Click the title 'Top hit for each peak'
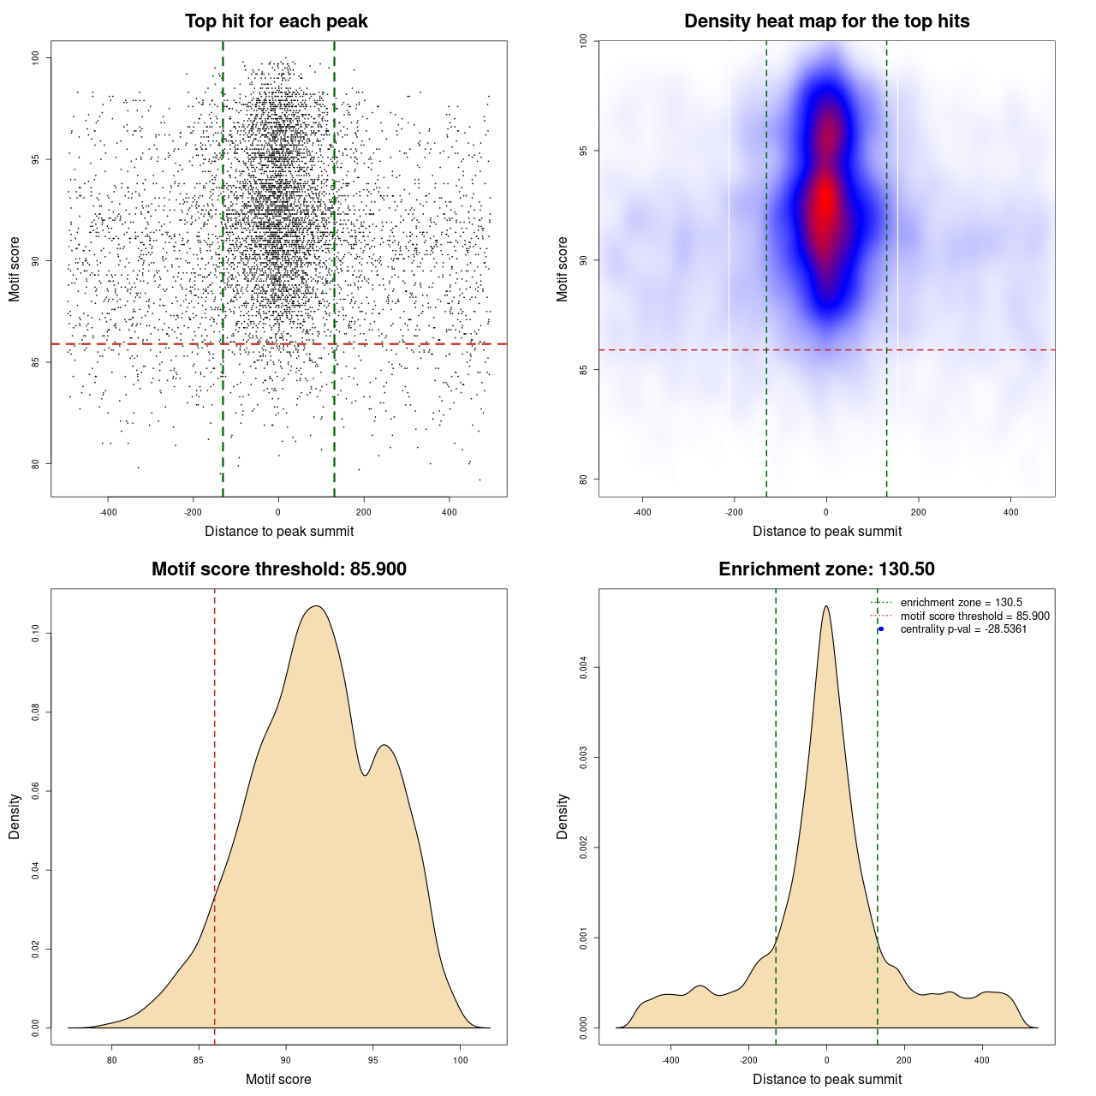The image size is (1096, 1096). (276, 21)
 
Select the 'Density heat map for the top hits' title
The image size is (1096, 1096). (826, 21)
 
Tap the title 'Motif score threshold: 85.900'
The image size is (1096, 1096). (278, 569)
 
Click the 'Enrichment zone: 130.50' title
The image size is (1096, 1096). (826, 569)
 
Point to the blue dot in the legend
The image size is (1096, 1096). (881, 629)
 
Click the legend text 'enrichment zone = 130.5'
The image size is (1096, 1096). (961, 603)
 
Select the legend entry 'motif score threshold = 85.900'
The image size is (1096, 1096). (974, 616)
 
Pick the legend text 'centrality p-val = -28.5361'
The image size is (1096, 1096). (963, 629)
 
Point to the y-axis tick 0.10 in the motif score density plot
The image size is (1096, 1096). (36, 633)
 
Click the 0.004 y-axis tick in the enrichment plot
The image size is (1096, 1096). (584, 667)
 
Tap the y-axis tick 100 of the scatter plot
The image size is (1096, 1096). (36, 57)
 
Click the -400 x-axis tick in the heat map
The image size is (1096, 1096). (642, 512)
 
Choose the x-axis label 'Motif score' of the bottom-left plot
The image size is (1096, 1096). (278, 1079)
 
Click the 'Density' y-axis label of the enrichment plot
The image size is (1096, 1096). (563, 816)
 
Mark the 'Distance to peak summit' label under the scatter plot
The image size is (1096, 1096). (279, 531)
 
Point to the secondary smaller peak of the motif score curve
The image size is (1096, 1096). (385, 745)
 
